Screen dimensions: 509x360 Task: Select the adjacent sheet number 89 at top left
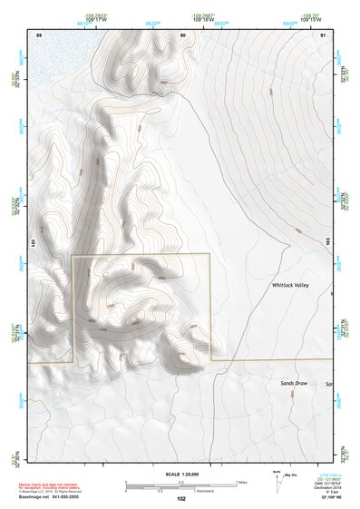39,34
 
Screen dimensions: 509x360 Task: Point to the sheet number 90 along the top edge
182,34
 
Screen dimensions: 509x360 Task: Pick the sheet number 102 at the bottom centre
181,499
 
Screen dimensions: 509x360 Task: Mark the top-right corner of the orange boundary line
209,255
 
